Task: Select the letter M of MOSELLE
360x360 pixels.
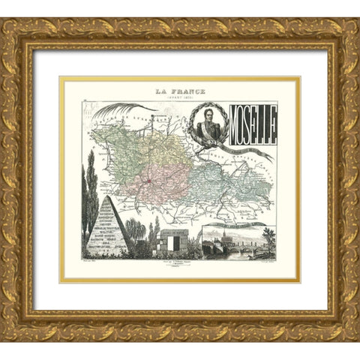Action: [230, 127]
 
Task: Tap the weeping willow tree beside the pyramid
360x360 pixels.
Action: [136, 229]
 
